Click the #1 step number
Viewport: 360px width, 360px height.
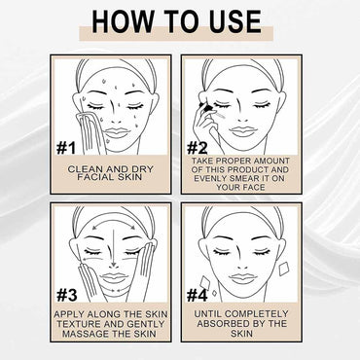click(x=66, y=148)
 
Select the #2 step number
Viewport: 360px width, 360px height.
click(x=198, y=148)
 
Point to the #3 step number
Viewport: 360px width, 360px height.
click(x=67, y=295)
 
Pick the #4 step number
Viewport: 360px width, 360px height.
click(x=198, y=295)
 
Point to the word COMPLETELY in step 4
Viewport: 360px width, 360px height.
click(x=256, y=314)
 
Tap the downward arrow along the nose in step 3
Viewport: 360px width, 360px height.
click(x=114, y=245)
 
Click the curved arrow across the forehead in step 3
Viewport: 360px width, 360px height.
click(x=114, y=223)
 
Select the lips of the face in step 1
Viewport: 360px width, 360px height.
click(x=118, y=132)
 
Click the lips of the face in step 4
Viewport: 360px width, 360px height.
click(x=243, y=278)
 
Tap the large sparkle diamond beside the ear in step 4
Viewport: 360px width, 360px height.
click(x=284, y=270)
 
